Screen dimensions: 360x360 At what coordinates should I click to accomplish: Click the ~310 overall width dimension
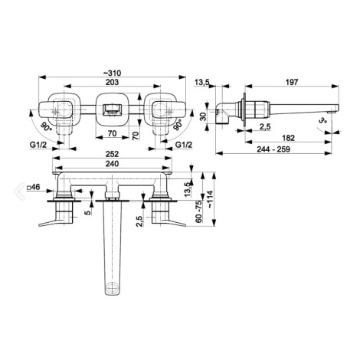[112, 74]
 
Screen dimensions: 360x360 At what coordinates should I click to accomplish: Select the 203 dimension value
[112, 82]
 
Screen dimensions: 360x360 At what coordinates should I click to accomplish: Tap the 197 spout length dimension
[292, 82]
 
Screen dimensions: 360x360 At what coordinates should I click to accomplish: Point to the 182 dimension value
[288, 138]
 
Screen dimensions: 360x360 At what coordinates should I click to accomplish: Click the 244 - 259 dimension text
[273, 149]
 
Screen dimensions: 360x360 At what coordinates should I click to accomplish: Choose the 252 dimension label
[112, 154]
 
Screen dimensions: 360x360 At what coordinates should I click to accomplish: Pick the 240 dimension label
[112, 163]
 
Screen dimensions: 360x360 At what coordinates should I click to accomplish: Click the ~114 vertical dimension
[210, 199]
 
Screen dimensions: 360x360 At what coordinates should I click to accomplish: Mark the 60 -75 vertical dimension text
[199, 211]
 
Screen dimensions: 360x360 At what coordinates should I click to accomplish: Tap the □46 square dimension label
[34, 187]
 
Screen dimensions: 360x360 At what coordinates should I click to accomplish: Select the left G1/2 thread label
[38, 145]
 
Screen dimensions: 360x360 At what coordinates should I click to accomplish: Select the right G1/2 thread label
[184, 145]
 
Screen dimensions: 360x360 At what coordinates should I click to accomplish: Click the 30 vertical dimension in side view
[203, 116]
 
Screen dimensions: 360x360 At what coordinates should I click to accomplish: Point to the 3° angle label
[323, 119]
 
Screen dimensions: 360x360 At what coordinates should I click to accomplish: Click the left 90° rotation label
[46, 126]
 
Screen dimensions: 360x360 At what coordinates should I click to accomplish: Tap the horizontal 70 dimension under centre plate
[112, 133]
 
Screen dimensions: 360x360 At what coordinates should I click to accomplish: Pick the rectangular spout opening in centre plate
[112, 110]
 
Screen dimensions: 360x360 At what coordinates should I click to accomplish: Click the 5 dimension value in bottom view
[88, 212]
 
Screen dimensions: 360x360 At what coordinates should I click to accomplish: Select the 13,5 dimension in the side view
[202, 82]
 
